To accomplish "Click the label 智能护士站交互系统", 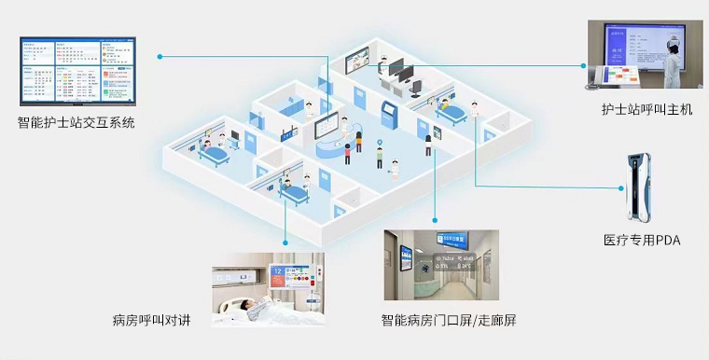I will point(76,121).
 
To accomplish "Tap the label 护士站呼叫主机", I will point(646,110).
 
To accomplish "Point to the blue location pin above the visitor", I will point(380,144).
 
